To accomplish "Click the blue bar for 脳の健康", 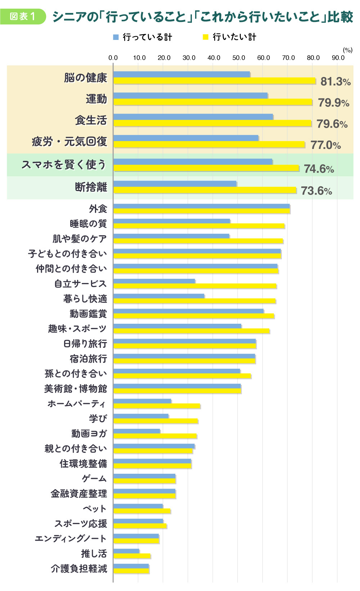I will (x=181, y=74).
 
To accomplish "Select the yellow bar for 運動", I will (x=212, y=102).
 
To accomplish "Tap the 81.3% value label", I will (x=335, y=82).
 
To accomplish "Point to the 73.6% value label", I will (x=316, y=191).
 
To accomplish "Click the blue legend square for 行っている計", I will (x=116, y=37).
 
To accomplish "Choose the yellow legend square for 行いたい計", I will (x=206, y=37).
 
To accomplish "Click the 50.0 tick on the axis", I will (x=239, y=58).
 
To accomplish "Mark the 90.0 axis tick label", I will (x=338, y=58).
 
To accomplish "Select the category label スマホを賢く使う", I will (x=64, y=165).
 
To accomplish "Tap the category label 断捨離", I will (x=91, y=187).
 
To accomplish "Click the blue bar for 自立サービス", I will (x=154, y=281).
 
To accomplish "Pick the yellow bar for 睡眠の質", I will (x=199, y=226).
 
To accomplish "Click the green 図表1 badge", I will (x=23, y=17).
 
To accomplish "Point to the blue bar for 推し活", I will (x=126, y=551).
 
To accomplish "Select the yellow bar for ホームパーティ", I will (x=157, y=406).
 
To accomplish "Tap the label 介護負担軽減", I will (x=79, y=568).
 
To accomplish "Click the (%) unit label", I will (x=347, y=50).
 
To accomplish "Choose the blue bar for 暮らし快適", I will (x=159, y=296).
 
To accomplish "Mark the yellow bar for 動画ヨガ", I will (x=155, y=436).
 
